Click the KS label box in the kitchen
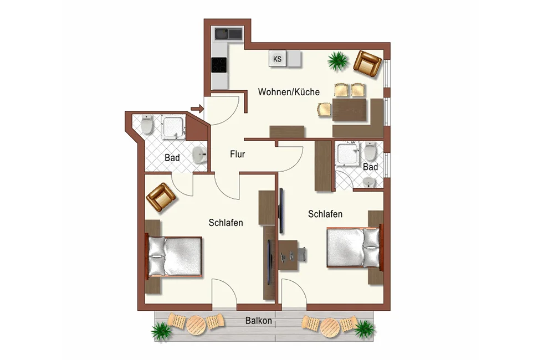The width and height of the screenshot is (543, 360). point(278,59)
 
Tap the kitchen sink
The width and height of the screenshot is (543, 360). point(228,34)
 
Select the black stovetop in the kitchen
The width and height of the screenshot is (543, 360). point(219,65)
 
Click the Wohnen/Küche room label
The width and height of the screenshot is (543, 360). point(289,92)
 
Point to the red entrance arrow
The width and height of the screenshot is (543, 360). point(197,109)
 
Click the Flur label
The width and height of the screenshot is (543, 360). point(237,154)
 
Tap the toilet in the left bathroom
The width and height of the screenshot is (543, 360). point(147,124)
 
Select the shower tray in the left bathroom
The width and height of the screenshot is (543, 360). point(173,127)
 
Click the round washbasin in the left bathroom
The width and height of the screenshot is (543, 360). point(199,155)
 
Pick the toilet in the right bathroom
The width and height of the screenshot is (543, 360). point(370,151)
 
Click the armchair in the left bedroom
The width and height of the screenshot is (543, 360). point(160,197)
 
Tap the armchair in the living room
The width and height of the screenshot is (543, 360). point(368,64)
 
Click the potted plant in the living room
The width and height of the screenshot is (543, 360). point(337,61)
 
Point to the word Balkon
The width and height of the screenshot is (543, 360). point(258,321)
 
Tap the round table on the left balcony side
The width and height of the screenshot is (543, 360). point(196,325)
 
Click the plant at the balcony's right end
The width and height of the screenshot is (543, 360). point(365,328)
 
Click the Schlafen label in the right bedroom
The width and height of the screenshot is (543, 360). point(325,214)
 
